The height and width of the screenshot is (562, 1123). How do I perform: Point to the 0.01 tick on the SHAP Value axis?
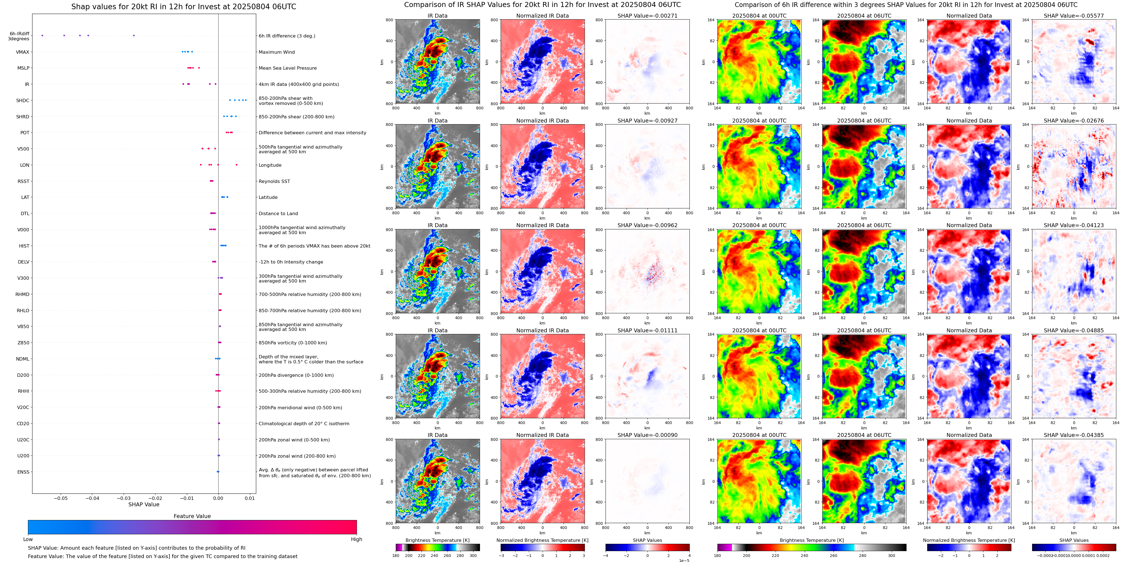tap(249, 498)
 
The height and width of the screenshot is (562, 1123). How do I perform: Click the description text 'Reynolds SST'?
tap(274, 181)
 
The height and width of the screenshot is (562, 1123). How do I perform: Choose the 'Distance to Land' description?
tap(278, 214)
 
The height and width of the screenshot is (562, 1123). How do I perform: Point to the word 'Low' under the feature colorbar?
tap(28, 539)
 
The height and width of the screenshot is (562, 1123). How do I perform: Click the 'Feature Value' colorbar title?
tap(192, 516)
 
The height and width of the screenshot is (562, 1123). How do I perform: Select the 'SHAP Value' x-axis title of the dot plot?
tap(143, 504)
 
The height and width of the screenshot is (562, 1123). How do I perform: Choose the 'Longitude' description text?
tap(270, 165)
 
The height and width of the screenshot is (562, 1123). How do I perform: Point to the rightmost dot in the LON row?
tap(236, 165)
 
